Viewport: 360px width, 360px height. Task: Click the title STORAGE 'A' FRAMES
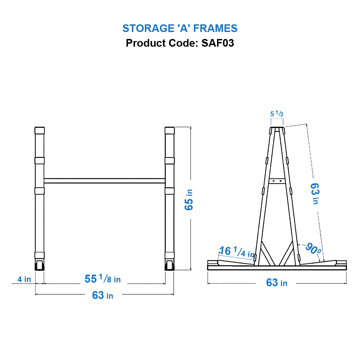[180, 28]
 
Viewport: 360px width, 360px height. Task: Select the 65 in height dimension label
[189, 199]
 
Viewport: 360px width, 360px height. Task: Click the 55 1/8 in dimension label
[103, 279]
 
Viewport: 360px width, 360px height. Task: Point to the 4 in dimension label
[24, 279]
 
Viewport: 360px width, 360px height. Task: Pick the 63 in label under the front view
[103, 295]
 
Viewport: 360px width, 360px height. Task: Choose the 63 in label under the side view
[277, 283]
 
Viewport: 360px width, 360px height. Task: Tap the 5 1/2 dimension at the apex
[277, 114]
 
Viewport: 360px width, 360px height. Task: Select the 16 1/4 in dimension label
[236, 252]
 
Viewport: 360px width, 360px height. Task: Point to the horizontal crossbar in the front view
[104, 181]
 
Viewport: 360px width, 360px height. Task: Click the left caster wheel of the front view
[40, 266]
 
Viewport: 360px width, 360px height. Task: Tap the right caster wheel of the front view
[170, 266]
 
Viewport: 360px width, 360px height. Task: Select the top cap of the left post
[40, 130]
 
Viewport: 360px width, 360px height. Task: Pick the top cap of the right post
[170, 130]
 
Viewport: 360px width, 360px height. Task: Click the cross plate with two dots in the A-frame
[277, 181]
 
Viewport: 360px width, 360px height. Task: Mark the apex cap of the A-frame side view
[277, 129]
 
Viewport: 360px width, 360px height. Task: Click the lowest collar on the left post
[40, 255]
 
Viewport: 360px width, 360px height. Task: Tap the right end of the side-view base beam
[341, 265]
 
